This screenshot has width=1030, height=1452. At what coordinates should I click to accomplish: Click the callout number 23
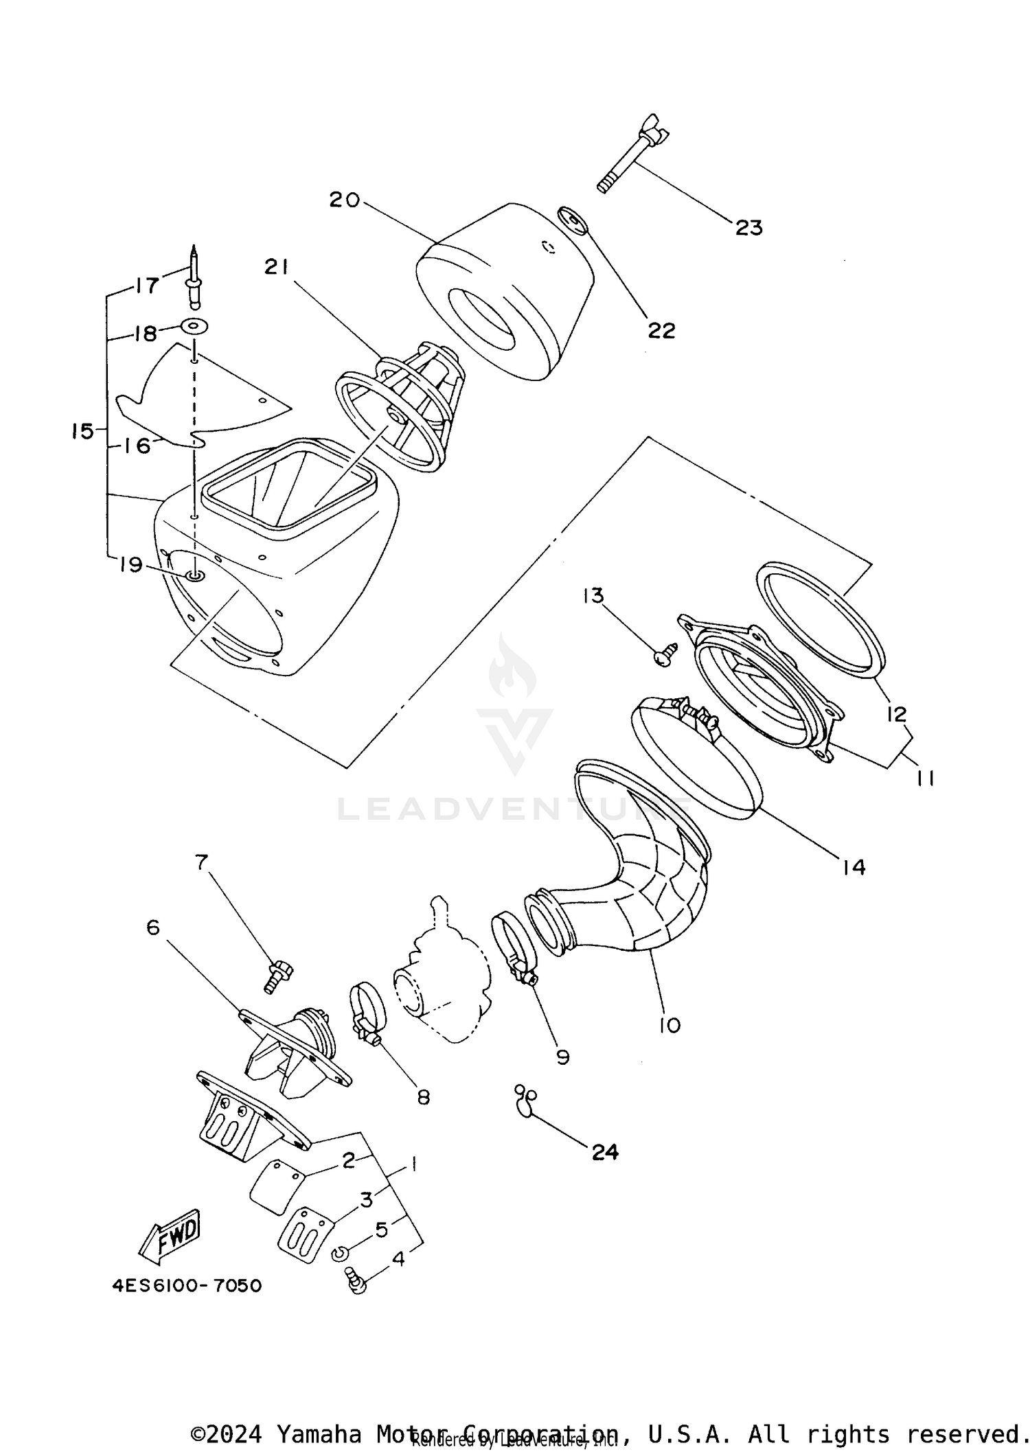click(x=748, y=227)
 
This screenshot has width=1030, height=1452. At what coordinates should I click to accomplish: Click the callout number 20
click(x=344, y=200)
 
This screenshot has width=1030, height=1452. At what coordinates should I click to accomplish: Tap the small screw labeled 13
click(x=664, y=653)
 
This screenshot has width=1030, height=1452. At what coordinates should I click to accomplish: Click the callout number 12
click(x=897, y=714)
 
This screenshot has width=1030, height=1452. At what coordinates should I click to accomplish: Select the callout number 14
click(x=854, y=867)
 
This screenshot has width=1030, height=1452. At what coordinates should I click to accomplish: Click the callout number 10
click(x=669, y=1025)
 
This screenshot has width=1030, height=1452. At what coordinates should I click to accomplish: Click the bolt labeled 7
click(x=277, y=975)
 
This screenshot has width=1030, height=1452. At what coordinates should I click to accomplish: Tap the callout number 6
click(x=152, y=927)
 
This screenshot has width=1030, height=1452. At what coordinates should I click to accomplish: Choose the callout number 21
click(x=277, y=268)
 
